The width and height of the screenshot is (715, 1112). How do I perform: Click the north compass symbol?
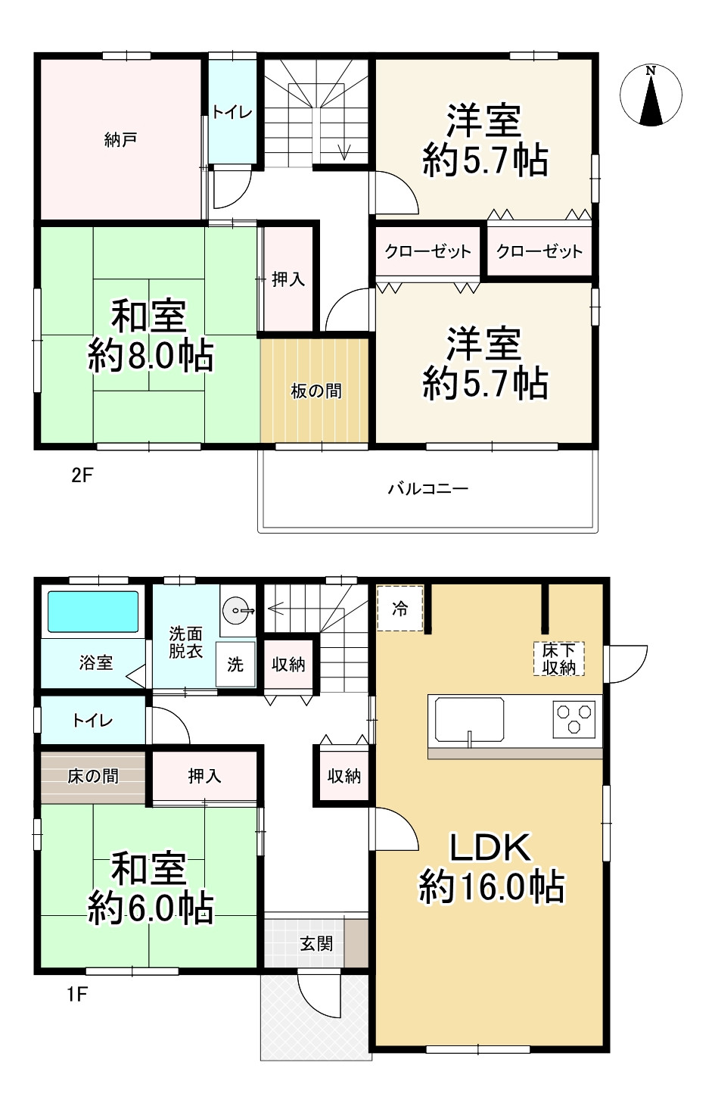pyautogui.click(x=651, y=96)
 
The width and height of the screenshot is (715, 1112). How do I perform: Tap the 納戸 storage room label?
pyautogui.click(x=120, y=140)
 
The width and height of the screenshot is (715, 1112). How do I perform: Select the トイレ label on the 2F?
pyautogui.click(x=232, y=113)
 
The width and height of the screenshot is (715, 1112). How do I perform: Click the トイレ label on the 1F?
pyautogui.click(x=92, y=721)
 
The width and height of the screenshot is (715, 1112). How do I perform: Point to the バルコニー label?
pyautogui.click(x=428, y=488)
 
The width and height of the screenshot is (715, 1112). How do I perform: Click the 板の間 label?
pyautogui.click(x=316, y=391)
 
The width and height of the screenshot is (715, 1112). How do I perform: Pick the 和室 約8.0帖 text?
pyautogui.click(x=150, y=335)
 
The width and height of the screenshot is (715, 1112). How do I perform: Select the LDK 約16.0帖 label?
pyautogui.click(x=491, y=867)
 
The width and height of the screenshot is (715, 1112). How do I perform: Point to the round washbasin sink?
pyautogui.click(x=238, y=608)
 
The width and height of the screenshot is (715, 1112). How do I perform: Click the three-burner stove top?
pyautogui.click(x=575, y=718)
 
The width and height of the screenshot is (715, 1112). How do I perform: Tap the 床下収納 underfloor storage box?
pyautogui.click(x=559, y=659)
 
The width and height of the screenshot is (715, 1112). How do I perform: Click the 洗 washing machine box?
pyautogui.click(x=235, y=665)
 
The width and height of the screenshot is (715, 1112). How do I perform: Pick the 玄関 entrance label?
pyautogui.click(x=316, y=944)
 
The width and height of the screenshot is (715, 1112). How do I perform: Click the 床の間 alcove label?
pyautogui.click(x=92, y=776)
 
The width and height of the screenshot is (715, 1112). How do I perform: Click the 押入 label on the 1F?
pyautogui.click(x=204, y=776)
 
